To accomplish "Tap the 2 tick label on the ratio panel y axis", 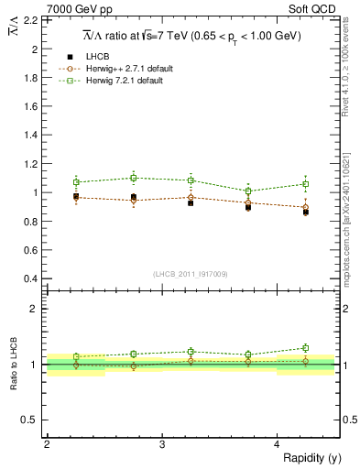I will point(37,309).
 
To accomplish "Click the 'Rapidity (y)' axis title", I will point(311,458).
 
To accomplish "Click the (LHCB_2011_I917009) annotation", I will point(191,274).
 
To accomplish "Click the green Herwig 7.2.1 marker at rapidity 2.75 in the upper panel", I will point(134,178).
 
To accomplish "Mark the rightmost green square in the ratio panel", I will point(306,348).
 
